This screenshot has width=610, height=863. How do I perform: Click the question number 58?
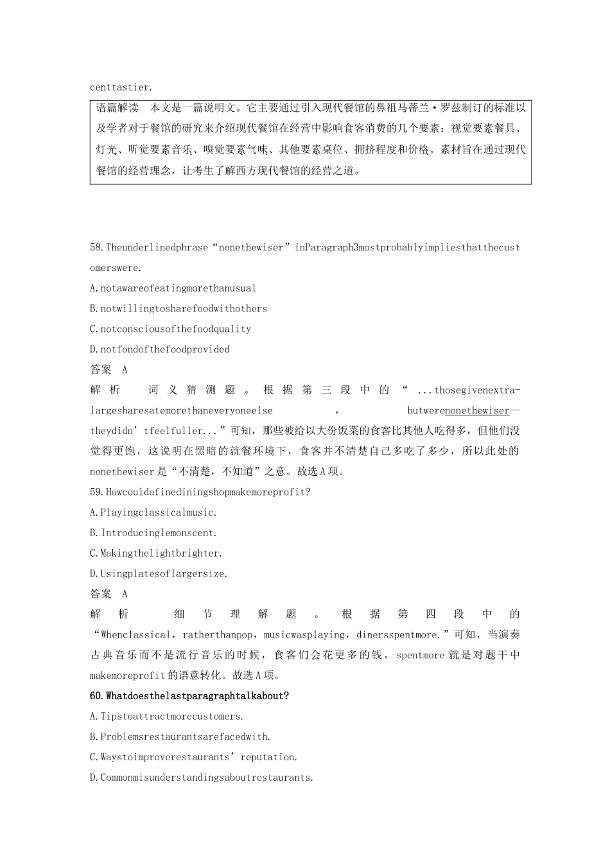(98, 247)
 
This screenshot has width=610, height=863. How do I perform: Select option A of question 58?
(173, 288)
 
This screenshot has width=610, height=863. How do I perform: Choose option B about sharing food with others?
(179, 309)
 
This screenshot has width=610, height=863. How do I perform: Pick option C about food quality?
(170, 329)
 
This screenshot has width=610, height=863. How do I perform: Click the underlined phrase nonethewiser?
(476, 410)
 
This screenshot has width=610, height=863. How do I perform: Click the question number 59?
(98, 492)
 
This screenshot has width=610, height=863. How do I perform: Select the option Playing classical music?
(153, 512)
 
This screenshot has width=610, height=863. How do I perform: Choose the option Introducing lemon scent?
(153, 533)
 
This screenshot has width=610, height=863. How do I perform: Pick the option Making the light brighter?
(156, 553)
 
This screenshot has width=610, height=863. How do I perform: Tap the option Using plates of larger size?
(159, 573)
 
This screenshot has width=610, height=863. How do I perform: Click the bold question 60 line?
(189, 696)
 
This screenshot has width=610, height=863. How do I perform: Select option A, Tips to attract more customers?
(167, 717)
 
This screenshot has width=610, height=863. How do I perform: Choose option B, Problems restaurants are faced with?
(180, 737)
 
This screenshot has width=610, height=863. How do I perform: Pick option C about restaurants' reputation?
(194, 757)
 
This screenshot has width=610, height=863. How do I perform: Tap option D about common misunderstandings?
(202, 778)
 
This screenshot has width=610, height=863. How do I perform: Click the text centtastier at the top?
(121, 87)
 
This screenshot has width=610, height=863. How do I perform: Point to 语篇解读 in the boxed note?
(117, 108)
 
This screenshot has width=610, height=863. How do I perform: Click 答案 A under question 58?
(109, 370)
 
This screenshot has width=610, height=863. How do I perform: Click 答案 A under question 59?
(109, 594)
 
